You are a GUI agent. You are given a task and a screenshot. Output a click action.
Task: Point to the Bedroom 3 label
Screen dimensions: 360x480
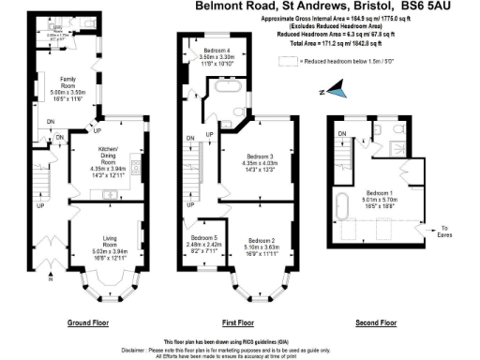260,161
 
